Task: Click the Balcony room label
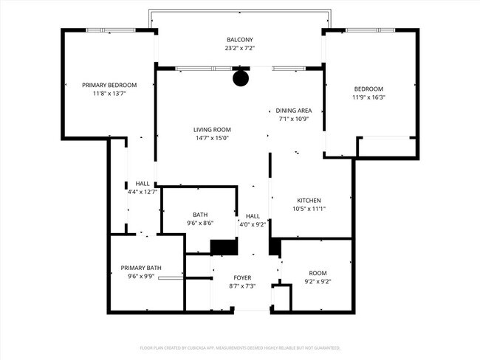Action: (x=239, y=39)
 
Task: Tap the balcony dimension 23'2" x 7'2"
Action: (x=239, y=48)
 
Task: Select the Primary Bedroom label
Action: (x=109, y=85)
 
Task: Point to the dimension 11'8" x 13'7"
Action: (x=109, y=94)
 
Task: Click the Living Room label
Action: (x=212, y=129)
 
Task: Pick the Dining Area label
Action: (x=294, y=110)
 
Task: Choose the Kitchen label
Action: (x=309, y=200)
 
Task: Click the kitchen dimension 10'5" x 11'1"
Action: (x=309, y=209)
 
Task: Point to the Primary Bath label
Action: (x=141, y=268)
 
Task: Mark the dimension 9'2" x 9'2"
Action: (x=317, y=281)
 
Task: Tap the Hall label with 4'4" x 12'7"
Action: (x=143, y=184)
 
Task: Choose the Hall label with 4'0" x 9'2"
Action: (x=253, y=215)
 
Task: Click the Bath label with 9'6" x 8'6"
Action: (x=199, y=215)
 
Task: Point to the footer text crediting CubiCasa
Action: (x=239, y=347)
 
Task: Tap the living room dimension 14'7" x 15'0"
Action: (x=212, y=138)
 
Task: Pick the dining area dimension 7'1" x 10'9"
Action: (x=294, y=119)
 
